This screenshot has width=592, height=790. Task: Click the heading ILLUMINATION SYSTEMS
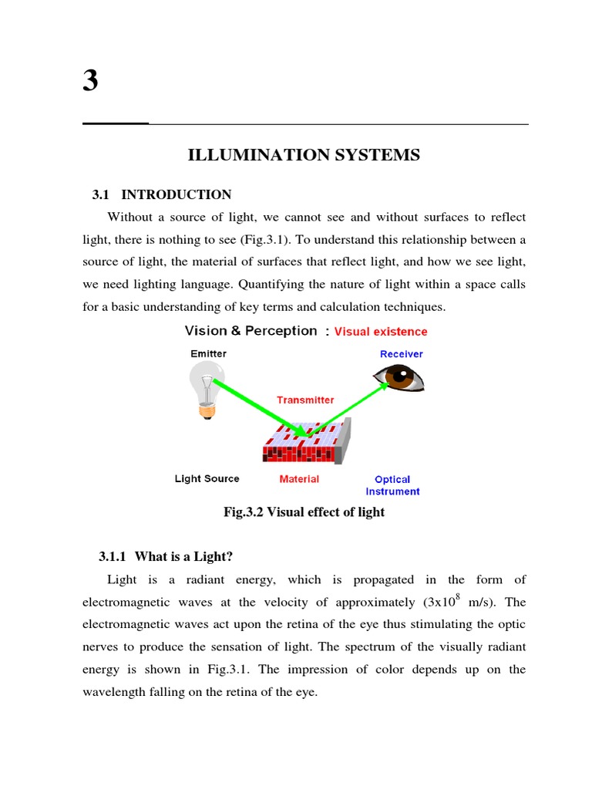tap(304, 155)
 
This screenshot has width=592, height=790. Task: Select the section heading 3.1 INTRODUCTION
tap(162, 194)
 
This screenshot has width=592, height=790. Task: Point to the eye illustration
tap(399, 377)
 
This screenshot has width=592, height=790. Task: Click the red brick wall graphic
tap(307, 444)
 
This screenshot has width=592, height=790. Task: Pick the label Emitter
tap(209, 353)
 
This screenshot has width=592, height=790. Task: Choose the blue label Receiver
tap(401, 354)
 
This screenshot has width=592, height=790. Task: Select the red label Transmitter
tap(305, 400)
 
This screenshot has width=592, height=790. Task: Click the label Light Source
tap(207, 479)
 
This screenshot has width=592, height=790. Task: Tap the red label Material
tap(299, 479)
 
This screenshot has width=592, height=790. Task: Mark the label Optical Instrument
tap(392, 485)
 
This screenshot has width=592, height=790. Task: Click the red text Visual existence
tap(381, 332)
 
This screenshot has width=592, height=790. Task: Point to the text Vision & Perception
tap(251, 331)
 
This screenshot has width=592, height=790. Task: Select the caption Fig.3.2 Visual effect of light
tap(304, 512)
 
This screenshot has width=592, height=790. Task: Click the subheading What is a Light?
tap(166, 556)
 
